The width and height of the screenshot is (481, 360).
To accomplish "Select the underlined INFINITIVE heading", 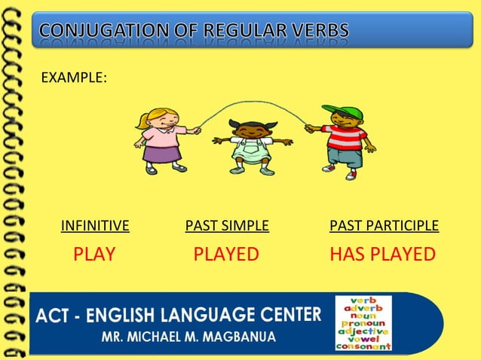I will click(95, 225).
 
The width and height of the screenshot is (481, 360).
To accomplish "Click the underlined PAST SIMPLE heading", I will click(227, 225).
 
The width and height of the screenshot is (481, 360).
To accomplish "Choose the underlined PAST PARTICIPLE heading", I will click(384, 225).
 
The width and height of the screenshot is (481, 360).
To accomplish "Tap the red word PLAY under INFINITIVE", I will click(94, 254).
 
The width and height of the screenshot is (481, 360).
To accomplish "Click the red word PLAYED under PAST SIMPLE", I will click(226, 254).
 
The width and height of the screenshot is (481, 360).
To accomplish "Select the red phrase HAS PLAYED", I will click(382, 254).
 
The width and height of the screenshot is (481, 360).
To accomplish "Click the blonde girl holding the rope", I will click(160, 140).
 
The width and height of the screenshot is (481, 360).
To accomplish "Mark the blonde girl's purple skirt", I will click(158, 154).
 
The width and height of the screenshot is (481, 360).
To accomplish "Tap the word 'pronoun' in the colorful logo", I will click(363, 323).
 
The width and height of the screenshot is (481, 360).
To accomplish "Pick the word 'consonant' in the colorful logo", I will click(363, 346).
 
